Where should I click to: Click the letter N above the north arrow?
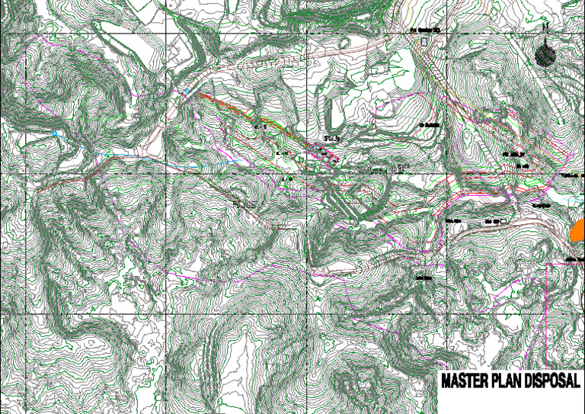[545, 28]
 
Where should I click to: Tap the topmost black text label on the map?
[427, 31]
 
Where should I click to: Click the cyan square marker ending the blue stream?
[55, 133]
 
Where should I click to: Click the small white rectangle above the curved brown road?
[503, 221]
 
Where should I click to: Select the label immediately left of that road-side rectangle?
[491, 222]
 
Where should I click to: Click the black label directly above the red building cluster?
[330, 138]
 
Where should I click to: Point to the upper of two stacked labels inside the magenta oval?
[516, 155]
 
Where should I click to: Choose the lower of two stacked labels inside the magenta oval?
[522, 165]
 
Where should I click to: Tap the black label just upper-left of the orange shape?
[542, 205]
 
